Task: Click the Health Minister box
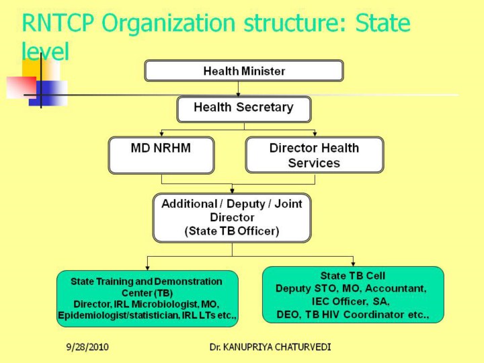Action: pos(244,71)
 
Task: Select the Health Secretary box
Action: pos(244,110)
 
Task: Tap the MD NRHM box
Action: pos(161,155)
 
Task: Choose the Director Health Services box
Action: pos(315,155)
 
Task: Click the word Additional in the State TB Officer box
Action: pos(190,204)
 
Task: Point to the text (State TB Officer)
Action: pos(232,231)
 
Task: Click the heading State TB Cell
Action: pos(353,276)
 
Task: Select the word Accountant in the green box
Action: pos(396,288)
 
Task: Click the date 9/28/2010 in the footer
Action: pos(87,347)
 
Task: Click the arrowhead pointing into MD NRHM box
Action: pos(161,134)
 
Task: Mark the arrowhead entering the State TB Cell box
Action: pos(353,264)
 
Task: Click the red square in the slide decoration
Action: pos(22,87)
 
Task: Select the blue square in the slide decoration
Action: pos(48,93)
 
